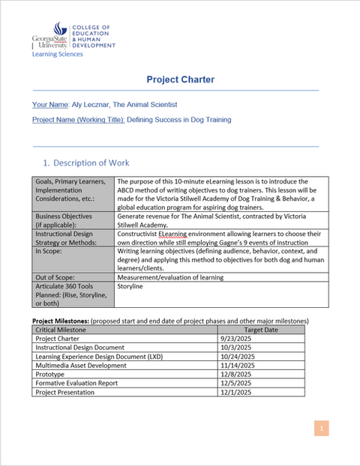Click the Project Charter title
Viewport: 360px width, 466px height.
click(x=180, y=80)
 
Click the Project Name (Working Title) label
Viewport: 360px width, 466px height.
click(x=79, y=119)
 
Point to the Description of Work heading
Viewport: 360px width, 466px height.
click(x=86, y=163)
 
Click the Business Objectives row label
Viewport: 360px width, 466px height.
click(x=64, y=219)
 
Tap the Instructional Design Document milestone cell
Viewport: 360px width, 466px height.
click(x=82, y=347)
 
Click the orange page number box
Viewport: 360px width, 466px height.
click(x=320, y=428)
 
